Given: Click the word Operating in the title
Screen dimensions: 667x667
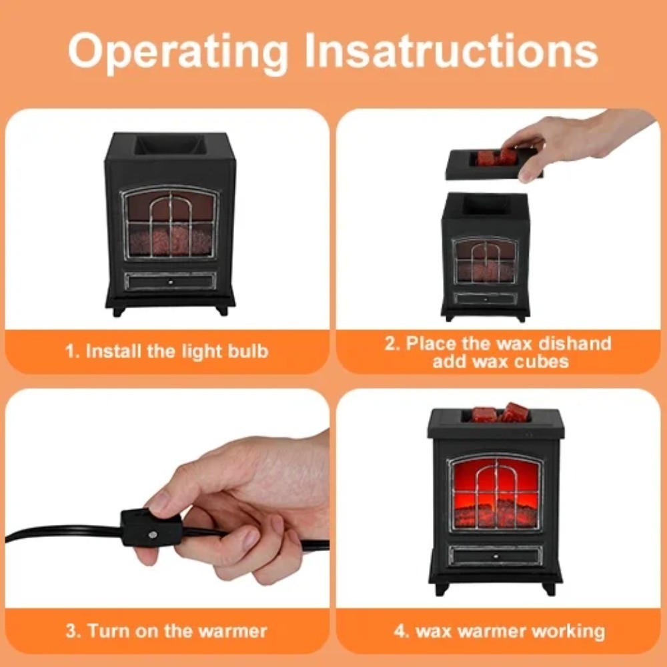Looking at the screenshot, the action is pyautogui.click(x=178, y=51).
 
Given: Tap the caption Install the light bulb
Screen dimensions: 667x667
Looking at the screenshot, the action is pyautogui.click(x=177, y=352).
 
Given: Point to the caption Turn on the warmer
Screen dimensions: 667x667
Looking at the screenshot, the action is pyautogui.click(x=177, y=630).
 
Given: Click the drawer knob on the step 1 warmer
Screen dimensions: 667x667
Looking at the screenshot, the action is pyautogui.click(x=171, y=281).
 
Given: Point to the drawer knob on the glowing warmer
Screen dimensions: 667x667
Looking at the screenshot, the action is pyautogui.click(x=496, y=556).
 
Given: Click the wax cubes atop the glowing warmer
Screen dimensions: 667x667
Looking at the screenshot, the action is pyautogui.click(x=500, y=412).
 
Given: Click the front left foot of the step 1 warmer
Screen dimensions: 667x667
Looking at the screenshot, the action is pyautogui.click(x=119, y=311).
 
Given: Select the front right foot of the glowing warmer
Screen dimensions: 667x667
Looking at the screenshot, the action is pyautogui.click(x=549, y=588).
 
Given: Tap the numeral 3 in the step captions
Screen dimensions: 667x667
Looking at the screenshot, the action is pyautogui.click(x=71, y=630).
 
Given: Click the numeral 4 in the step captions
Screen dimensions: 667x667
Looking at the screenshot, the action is pyautogui.click(x=400, y=631).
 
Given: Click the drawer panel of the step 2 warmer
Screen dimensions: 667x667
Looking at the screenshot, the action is pyautogui.click(x=486, y=299).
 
